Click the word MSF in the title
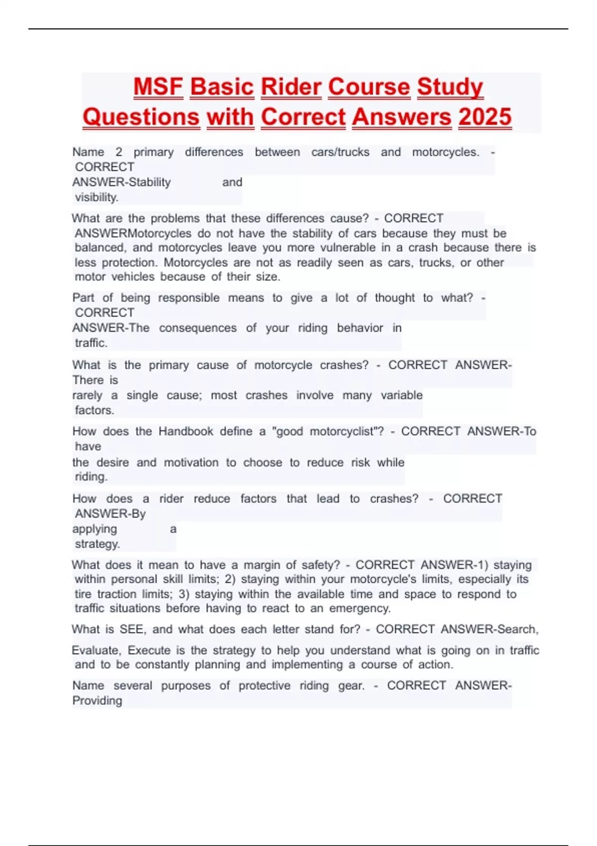tap(158, 87)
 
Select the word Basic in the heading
tap(222, 87)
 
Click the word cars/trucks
tap(340, 152)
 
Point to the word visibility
tap(97, 197)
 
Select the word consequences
tap(198, 328)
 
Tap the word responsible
tap(189, 298)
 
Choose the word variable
tap(401, 395)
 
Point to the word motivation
tap(191, 462)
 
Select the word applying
tap(95, 529)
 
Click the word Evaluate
tap(97, 650)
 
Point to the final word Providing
tap(97, 701)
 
